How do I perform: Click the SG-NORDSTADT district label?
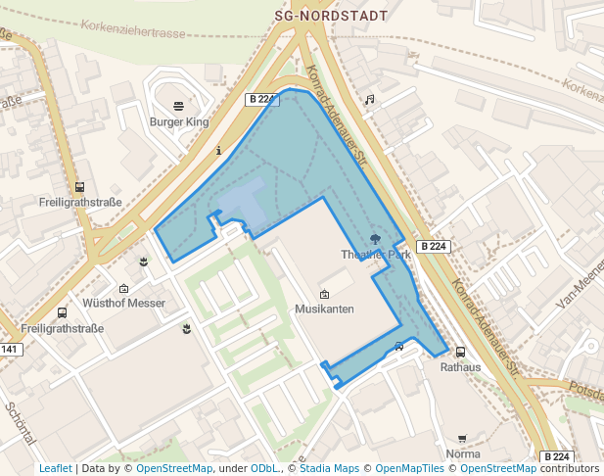pyautogui.click(x=331, y=16)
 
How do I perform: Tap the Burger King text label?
pyautogui.click(x=179, y=122)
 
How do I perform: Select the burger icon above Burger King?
pyautogui.click(x=178, y=106)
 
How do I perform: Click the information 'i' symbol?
pyautogui.click(x=218, y=151)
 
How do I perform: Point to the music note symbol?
pyautogui.click(x=369, y=100)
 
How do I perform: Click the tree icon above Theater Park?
pyautogui.click(x=376, y=239)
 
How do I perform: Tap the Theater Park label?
pyautogui.click(x=376, y=255)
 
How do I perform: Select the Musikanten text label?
pyautogui.click(x=324, y=309)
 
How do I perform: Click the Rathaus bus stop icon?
pyautogui.click(x=460, y=353)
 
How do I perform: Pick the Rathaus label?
pyautogui.click(x=460, y=368)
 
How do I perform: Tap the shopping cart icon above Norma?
pyautogui.click(x=462, y=439)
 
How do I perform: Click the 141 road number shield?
pyautogui.click(x=10, y=350)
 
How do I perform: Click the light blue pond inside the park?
pyautogui.click(x=243, y=200)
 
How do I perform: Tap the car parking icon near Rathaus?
pyautogui.click(x=398, y=346)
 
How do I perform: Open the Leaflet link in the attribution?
pyautogui.click(x=55, y=469)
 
